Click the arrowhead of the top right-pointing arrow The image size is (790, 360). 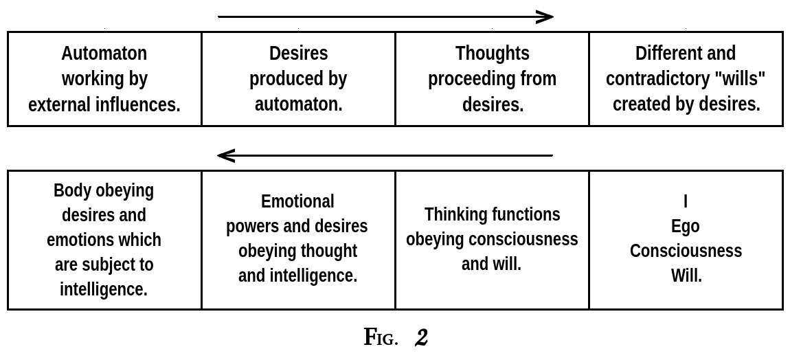pyautogui.click(x=546, y=17)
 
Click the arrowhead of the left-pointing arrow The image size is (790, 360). pyautogui.click(x=225, y=156)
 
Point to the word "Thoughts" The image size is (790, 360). pyautogui.click(x=492, y=54)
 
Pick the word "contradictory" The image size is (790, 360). pyautogui.click(x=657, y=79)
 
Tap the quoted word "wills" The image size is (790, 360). pyautogui.click(x=740, y=79)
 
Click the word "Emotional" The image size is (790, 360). pyautogui.click(x=297, y=201)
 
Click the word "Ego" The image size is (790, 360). pyautogui.click(x=685, y=226)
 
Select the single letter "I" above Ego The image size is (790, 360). pyautogui.click(x=685, y=201)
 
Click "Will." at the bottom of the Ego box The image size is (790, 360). pyautogui.click(x=686, y=275)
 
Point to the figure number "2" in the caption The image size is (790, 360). pyautogui.click(x=421, y=337)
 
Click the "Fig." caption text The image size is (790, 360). pyautogui.click(x=380, y=337)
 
